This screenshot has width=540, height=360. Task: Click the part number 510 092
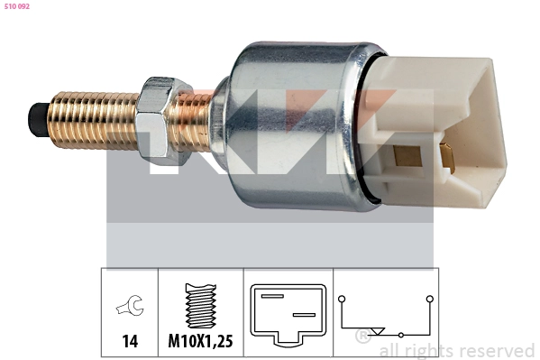17,6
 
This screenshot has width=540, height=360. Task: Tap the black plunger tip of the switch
37,120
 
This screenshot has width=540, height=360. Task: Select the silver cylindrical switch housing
297,125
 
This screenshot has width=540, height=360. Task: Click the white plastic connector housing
436,131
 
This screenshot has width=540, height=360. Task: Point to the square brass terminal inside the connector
407,156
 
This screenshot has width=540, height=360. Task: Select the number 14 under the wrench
130,341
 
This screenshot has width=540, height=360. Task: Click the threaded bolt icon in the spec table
201,306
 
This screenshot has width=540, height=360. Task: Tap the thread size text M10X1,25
200,341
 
